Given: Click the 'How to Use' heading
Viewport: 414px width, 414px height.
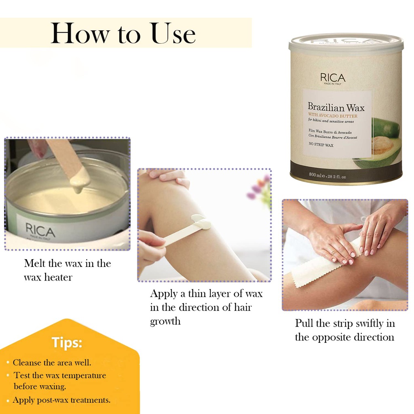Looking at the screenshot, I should coord(123,33).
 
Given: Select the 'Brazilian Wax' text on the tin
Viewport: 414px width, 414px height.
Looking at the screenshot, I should coord(336,108).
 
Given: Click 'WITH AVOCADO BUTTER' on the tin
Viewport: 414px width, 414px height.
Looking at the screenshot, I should coord(332,116).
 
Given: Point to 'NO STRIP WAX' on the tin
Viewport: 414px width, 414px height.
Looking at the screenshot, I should coord(321,145).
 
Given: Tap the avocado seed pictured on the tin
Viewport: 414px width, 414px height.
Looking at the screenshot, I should coord(382,144).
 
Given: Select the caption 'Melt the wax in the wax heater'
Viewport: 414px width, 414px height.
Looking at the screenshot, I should coord(67,270).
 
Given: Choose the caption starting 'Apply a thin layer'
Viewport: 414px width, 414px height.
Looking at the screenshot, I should coord(206,307).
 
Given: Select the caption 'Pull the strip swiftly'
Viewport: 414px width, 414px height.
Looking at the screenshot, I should coord(344,330).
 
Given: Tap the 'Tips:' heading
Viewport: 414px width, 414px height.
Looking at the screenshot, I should coord(67,343).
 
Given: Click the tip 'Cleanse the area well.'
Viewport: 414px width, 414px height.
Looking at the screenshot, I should coord(52,363).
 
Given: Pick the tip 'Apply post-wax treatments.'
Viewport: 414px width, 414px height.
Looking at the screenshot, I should coord(61,400).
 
